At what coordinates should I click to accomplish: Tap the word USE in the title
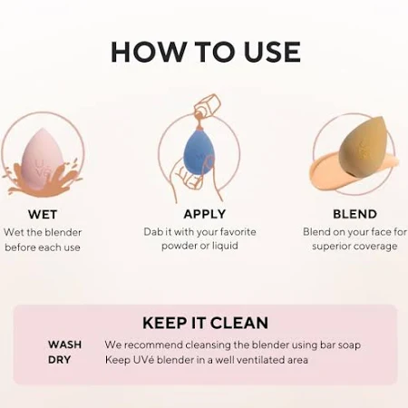pyautogui.click(x=272, y=52)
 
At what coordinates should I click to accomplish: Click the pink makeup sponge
pyautogui.click(x=42, y=160)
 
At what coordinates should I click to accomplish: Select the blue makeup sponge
pyautogui.click(x=199, y=153)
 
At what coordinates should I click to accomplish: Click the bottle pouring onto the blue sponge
pyautogui.click(x=208, y=106)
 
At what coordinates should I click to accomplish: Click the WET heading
pyautogui.click(x=43, y=214)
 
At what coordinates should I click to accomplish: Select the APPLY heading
pyautogui.click(x=205, y=214)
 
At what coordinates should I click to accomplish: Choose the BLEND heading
pyautogui.click(x=355, y=214)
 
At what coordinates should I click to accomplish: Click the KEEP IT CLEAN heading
pyautogui.click(x=205, y=323)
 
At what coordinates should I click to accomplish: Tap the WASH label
pyautogui.click(x=64, y=345)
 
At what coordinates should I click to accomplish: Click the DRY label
pyautogui.click(x=59, y=360)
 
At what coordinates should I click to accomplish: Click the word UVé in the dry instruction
pyautogui.click(x=141, y=360)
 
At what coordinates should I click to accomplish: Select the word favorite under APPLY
pyautogui.click(x=238, y=232)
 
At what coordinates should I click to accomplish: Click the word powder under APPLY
pyautogui.click(x=178, y=246)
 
